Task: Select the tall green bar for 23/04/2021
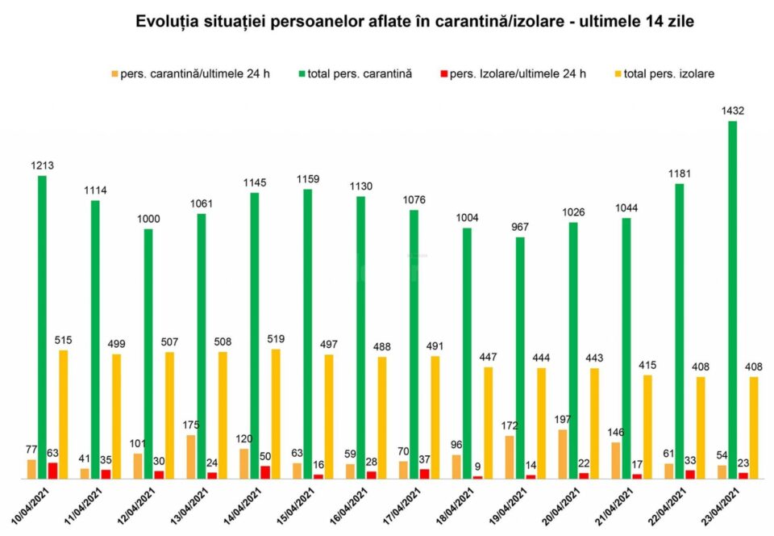click(x=732, y=299)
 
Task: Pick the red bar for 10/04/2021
click(x=53, y=471)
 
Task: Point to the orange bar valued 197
click(x=563, y=454)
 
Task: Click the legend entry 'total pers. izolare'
click(x=668, y=74)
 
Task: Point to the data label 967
click(x=521, y=228)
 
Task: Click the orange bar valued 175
click(x=190, y=457)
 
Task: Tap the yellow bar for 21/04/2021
click(x=647, y=426)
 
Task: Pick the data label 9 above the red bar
click(x=478, y=466)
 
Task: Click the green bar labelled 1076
click(x=414, y=344)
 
